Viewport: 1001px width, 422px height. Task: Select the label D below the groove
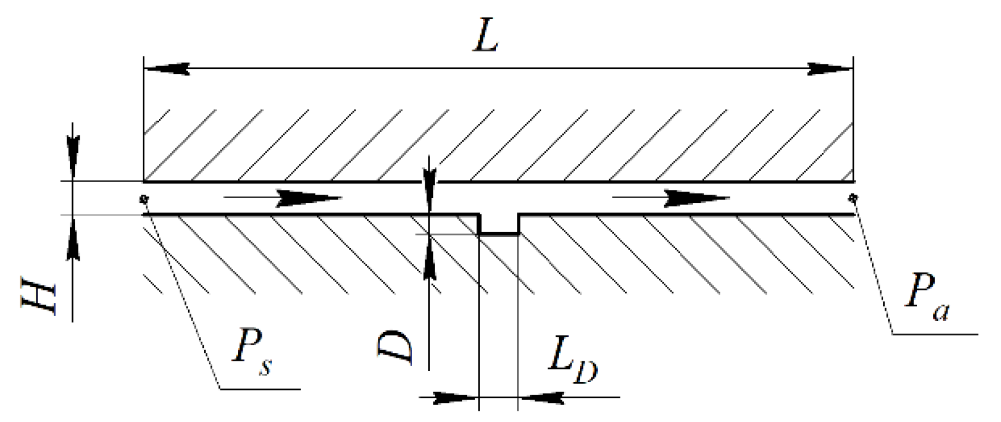[396, 348]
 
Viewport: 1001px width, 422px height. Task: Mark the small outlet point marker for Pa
[854, 197]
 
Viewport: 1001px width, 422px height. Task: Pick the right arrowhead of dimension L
[829, 69]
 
